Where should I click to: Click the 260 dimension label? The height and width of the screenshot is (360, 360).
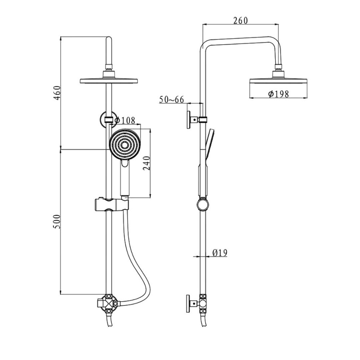(240, 21)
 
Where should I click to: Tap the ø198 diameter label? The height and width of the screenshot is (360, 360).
(278, 94)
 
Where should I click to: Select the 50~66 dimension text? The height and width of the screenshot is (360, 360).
(171, 100)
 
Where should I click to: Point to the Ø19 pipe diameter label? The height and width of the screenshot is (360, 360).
(220, 253)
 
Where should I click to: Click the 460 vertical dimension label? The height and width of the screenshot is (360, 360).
(57, 93)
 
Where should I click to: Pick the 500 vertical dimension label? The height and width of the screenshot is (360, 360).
(57, 221)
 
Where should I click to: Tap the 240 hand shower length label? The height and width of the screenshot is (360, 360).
(147, 163)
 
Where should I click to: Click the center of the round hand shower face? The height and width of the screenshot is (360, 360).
(125, 145)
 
